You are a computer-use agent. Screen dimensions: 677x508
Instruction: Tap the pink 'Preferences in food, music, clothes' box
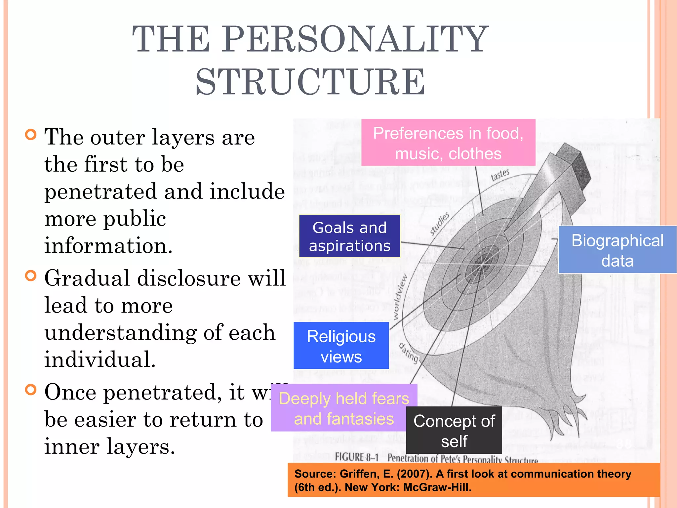pos(448,143)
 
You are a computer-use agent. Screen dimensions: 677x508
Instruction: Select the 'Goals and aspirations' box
pos(349,236)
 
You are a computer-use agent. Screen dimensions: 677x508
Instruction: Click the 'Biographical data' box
pos(617,250)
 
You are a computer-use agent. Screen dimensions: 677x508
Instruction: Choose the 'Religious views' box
pos(341,346)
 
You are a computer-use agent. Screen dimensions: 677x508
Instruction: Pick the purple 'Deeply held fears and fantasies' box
pos(344,408)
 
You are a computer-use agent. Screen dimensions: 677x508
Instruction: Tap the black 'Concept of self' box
pos(454,430)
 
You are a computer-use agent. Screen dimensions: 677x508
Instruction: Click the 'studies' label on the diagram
pos(440,224)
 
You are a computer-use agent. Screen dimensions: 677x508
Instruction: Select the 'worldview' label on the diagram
pos(400,297)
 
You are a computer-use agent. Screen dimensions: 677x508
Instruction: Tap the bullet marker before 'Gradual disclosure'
pos(30,275)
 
